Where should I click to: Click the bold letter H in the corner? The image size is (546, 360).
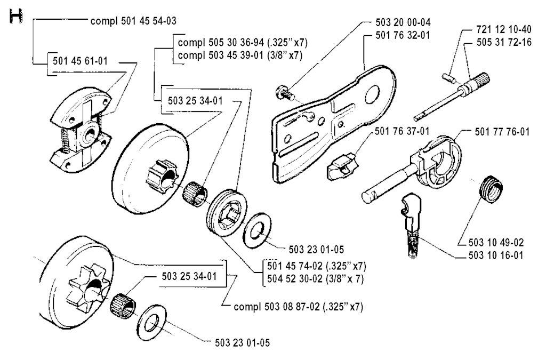(x=16, y=17)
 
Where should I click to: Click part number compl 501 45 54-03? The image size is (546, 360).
(x=133, y=21)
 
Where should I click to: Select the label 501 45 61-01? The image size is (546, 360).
(x=80, y=61)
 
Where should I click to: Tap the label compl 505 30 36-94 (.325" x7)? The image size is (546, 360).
(x=243, y=43)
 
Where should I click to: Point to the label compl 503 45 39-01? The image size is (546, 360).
(x=220, y=55)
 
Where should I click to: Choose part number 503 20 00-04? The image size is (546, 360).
(x=403, y=22)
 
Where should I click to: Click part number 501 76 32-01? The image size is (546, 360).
(x=403, y=35)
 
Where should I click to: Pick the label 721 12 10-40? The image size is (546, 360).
(x=504, y=29)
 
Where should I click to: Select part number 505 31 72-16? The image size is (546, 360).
(x=504, y=42)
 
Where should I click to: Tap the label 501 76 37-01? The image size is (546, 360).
(x=402, y=131)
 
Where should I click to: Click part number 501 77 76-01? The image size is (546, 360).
(x=502, y=132)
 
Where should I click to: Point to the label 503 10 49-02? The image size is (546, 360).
(x=496, y=242)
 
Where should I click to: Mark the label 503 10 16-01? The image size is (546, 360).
(x=496, y=255)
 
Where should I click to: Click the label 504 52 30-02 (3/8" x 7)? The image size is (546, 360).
(x=316, y=279)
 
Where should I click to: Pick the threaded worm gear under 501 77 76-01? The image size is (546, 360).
(x=491, y=189)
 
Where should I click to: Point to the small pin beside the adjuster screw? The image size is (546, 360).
(x=448, y=77)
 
